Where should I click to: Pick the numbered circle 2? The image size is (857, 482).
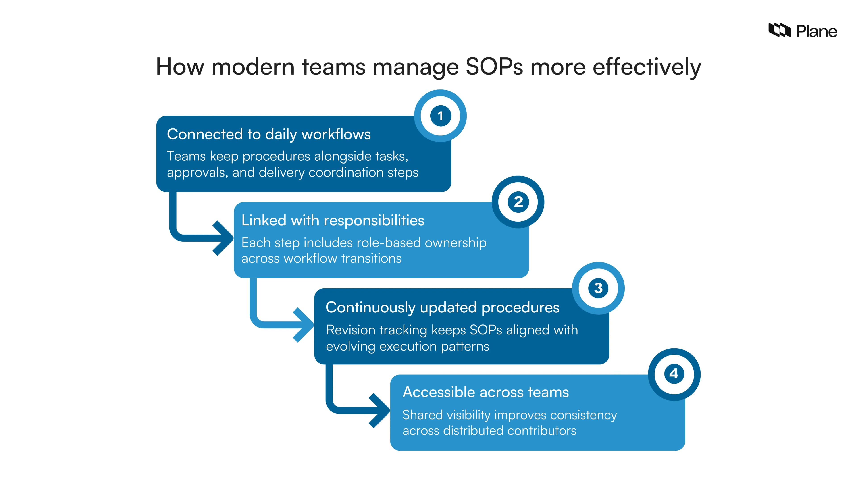(x=518, y=202)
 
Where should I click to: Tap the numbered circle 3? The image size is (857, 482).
(x=598, y=288)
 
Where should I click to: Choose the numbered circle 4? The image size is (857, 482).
(x=674, y=374)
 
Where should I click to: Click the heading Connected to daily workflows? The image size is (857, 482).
(x=268, y=134)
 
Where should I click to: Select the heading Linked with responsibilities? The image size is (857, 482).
(x=333, y=220)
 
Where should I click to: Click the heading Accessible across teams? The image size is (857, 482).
(x=485, y=392)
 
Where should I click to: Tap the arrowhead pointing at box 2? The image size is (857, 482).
(x=225, y=238)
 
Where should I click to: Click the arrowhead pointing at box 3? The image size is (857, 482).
(x=304, y=325)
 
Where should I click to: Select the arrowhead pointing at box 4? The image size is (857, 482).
(x=381, y=411)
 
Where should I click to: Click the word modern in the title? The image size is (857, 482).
(x=253, y=67)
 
